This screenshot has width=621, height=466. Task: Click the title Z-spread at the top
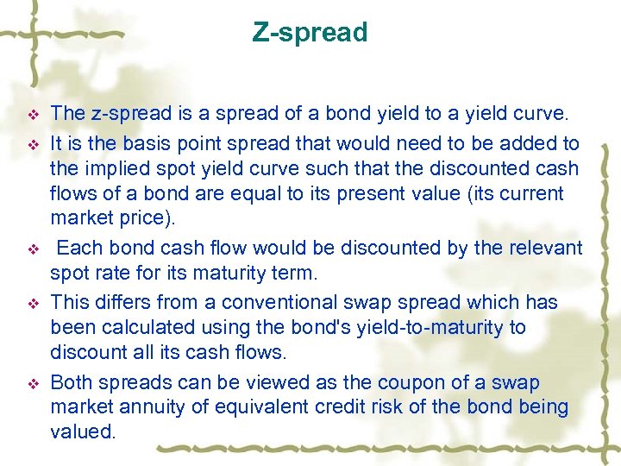[x=310, y=33]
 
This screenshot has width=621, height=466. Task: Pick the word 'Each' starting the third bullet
[x=79, y=249]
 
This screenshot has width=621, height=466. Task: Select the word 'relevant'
[x=543, y=249]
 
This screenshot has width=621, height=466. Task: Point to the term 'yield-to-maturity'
[x=424, y=328]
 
